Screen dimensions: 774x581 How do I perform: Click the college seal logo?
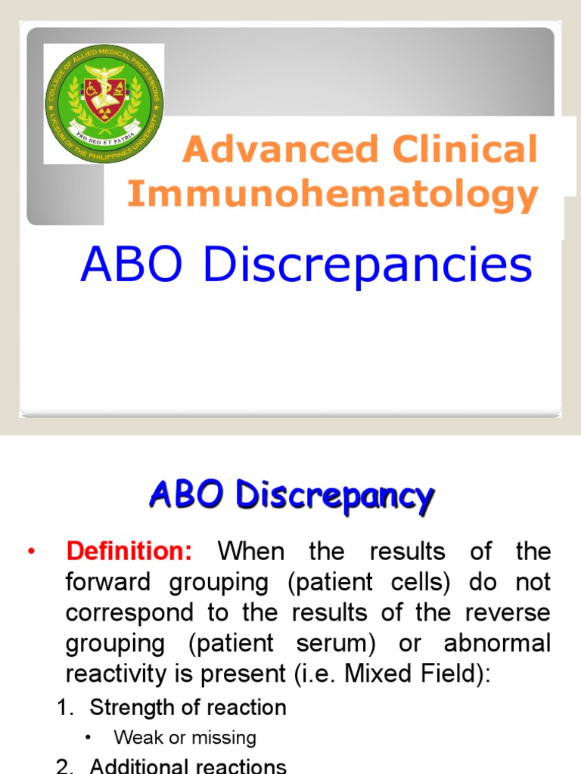click(x=104, y=103)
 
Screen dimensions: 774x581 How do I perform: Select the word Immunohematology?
click(x=333, y=194)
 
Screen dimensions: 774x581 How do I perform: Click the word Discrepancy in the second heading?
click(x=334, y=496)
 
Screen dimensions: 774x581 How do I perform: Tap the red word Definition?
click(x=129, y=552)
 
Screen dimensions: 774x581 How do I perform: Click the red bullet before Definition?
click(x=31, y=553)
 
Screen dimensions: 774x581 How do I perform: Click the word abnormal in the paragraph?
click(x=498, y=643)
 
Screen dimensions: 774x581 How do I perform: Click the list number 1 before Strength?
click(x=64, y=708)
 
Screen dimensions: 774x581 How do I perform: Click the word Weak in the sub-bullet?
click(x=134, y=738)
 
